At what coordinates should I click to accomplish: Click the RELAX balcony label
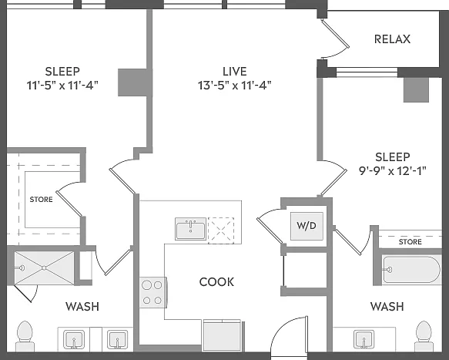click(392, 39)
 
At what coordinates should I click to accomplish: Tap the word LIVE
click(235, 72)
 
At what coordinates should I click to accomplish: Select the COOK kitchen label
click(216, 282)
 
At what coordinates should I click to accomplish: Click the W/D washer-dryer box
click(307, 226)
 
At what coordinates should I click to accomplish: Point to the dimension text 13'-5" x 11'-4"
click(235, 86)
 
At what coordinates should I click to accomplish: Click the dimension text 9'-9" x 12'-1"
click(393, 171)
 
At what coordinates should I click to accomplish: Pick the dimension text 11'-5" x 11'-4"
click(62, 86)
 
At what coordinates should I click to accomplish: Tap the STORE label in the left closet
click(42, 200)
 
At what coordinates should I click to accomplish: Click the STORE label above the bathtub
click(410, 242)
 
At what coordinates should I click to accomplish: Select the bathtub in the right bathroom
click(412, 270)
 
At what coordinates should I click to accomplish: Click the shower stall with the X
click(44, 268)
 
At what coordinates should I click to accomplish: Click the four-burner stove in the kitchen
click(152, 293)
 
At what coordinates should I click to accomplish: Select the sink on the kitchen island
click(191, 229)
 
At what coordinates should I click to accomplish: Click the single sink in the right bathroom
click(364, 339)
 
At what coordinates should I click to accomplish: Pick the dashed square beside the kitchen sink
click(221, 230)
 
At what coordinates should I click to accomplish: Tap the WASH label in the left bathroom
click(82, 307)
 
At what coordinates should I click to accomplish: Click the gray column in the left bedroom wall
click(132, 82)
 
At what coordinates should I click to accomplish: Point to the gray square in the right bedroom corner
click(416, 89)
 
